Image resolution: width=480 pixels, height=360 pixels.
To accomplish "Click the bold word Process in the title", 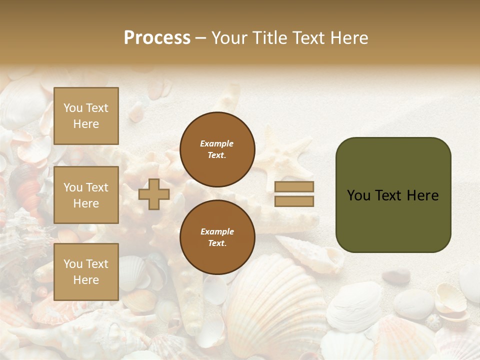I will pos(157,38).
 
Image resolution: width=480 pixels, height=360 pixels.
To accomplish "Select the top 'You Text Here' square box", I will pos(86,116).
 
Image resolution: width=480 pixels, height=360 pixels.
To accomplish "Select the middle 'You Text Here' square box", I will pos(86,195).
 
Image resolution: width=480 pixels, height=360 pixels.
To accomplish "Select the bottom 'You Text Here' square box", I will pos(86,271).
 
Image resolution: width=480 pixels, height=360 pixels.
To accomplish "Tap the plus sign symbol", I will pos(153,194).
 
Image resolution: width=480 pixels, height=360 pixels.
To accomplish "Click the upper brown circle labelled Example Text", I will pos(217,149).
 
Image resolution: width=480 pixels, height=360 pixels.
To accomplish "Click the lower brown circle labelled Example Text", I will pos(217,237).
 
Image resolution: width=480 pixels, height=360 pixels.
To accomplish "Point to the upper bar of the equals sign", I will pos(294,186).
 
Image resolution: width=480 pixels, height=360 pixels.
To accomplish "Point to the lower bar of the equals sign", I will pos(294,201).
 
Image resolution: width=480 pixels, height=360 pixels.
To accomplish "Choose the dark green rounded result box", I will pos(393,195).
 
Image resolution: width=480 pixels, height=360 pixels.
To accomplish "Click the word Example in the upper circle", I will pos(217,143).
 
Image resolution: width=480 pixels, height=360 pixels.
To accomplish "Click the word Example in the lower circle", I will pos(217,231).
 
